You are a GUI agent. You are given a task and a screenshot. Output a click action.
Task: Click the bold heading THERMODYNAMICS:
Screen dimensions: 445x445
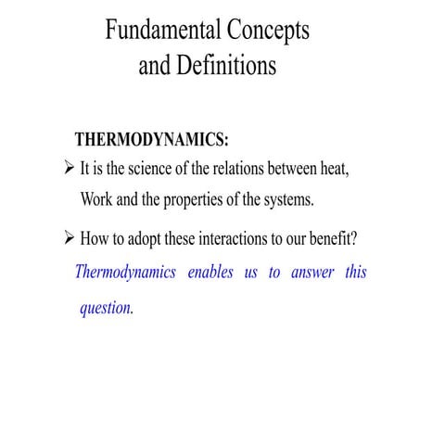(151, 140)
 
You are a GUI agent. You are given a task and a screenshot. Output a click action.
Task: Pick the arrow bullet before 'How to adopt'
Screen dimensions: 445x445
(66, 238)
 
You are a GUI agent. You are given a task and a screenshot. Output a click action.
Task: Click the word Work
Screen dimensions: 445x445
(98, 199)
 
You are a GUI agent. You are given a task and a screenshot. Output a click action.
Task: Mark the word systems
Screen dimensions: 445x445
(288, 199)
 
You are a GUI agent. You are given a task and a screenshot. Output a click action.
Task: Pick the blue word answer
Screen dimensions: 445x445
(311, 273)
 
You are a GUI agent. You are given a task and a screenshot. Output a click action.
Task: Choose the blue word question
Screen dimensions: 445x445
(107, 308)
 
